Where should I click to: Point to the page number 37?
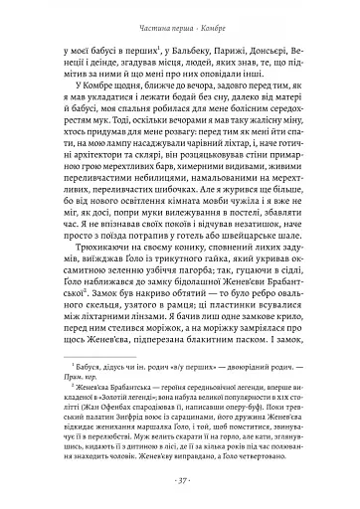click(180, 481)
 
